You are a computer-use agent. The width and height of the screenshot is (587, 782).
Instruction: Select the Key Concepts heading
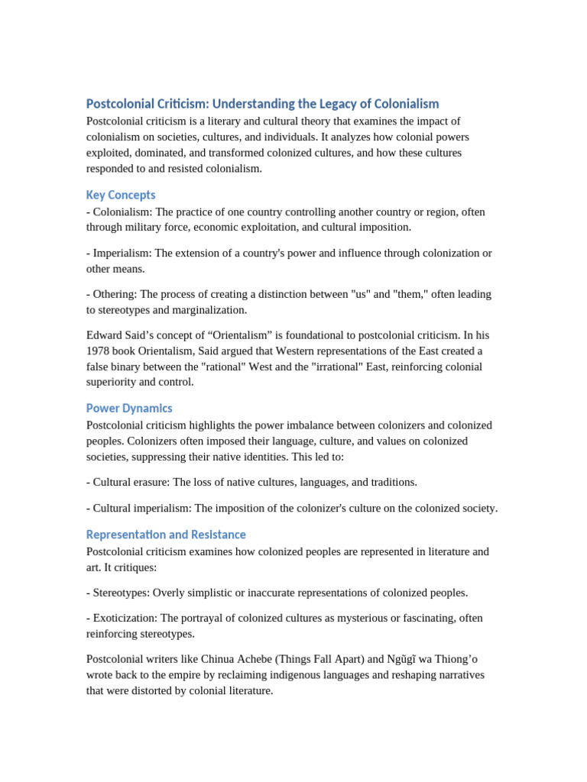(121, 195)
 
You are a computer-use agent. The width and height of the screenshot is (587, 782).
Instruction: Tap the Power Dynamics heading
(129, 408)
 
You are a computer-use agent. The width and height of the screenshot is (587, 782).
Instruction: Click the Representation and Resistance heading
(166, 535)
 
